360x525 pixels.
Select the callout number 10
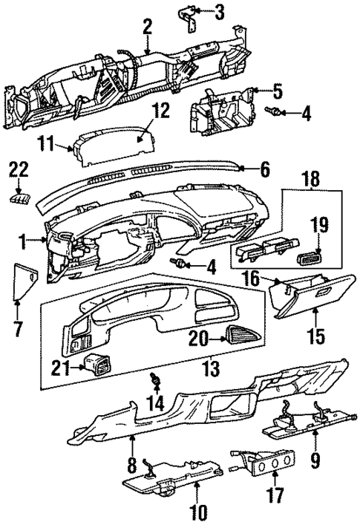(x=197, y=512)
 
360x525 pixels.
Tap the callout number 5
(x=277, y=91)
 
